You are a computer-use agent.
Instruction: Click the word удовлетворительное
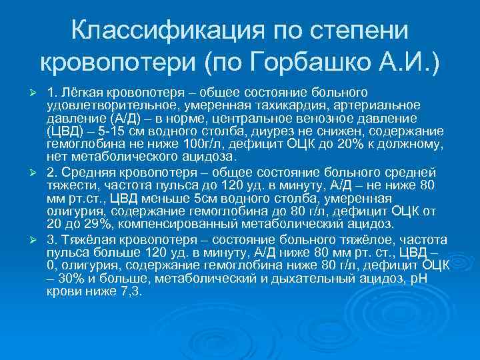coord(110,105)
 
